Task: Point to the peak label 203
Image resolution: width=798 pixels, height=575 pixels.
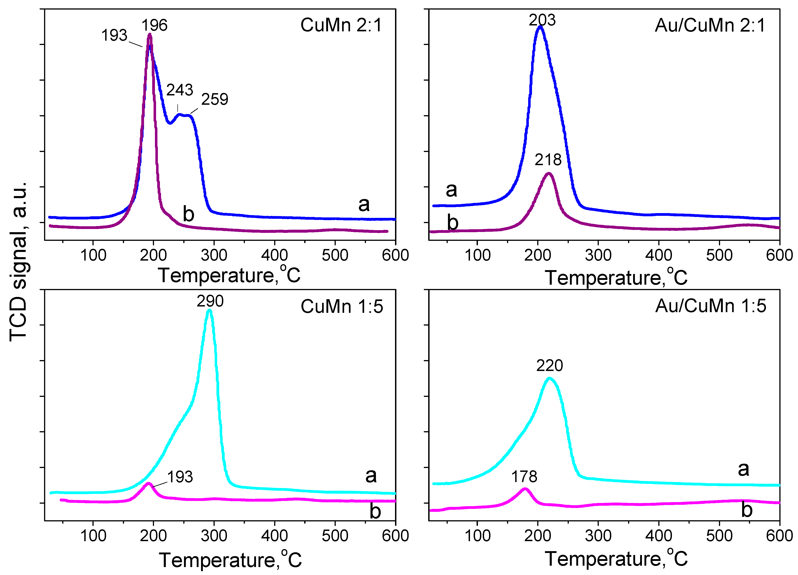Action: click(542, 20)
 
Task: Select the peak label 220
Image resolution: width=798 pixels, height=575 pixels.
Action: click(549, 366)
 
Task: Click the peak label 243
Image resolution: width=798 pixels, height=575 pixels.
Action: click(179, 90)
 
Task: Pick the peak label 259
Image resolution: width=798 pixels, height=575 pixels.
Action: click(215, 99)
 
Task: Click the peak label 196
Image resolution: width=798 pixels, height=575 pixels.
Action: click(154, 25)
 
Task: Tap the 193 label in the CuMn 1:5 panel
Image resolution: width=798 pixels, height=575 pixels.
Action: click(180, 477)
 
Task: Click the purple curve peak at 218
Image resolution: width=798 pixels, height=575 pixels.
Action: click(548, 174)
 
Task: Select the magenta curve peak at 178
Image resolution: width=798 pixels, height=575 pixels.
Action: click(525, 489)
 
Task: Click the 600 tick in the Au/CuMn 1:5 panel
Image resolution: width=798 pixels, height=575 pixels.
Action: click(779, 536)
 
